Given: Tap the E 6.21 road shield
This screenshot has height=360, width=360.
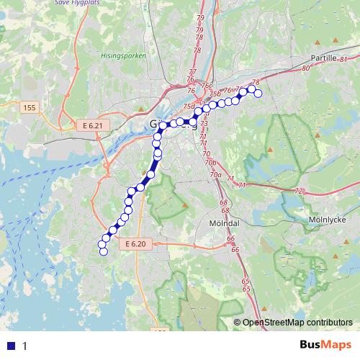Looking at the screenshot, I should pyautogui.click(x=93, y=125).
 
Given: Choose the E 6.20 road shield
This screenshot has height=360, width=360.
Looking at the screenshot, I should pyautogui.click(x=135, y=245).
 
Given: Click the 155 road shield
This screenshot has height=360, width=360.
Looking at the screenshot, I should pyautogui.click(x=30, y=108).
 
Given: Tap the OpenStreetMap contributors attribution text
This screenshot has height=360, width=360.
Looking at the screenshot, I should pyautogui.click(x=297, y=323).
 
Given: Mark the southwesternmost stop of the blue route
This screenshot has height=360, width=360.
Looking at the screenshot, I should pyautogui.click(x=102, y=251).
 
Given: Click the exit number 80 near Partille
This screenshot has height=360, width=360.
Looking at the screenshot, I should pyautogui.click(x=305, y=68).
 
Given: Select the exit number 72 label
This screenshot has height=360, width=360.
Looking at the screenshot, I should pyautogui.click(x=298, y=191).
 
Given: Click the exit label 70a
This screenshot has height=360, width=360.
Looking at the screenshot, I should pyautogui.click(x=215, y=174).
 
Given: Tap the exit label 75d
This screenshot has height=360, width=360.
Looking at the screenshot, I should pyautogui.click(x=189, y=107).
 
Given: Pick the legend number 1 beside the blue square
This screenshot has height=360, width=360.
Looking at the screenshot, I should pyautogui.click(x=24, y=346).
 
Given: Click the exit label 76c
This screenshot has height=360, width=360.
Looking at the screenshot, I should pyautogui.click(x=207, y=86).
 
